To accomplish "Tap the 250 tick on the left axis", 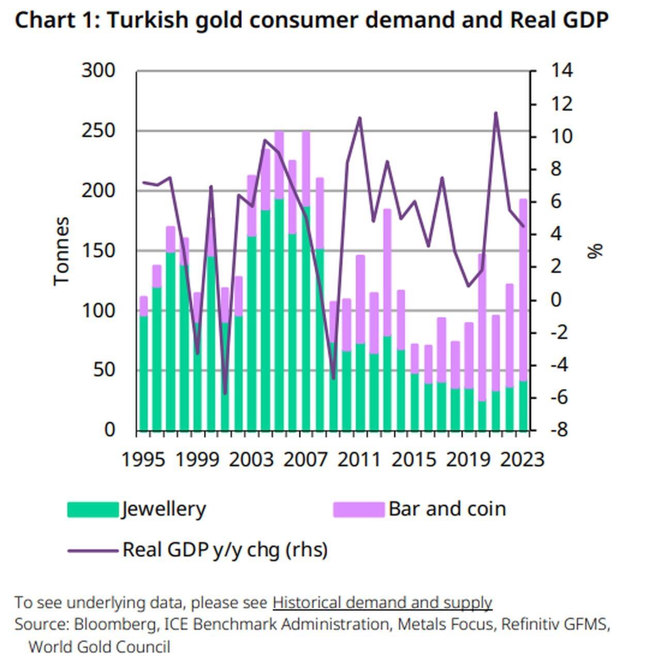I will tap(98, 131).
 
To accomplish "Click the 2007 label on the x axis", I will tap(305, 459).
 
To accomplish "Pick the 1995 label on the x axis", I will tap(143, 459).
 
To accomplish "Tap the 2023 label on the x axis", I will tap(522, 459).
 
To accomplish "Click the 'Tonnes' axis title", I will tap(61, 251).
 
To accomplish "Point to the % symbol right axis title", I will tap(595, 251).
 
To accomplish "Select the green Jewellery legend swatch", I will tap(93, 509).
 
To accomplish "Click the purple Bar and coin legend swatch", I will tap(359, 509).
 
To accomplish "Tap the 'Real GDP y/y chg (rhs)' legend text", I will tap(225, 550).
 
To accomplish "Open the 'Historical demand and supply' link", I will tap(382, 602).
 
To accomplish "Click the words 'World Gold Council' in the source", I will tap(99, 647).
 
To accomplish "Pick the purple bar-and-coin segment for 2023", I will tap(523, 289).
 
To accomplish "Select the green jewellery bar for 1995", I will tap(144, 372).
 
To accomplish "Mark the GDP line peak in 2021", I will tap(495, 113).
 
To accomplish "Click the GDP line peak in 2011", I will tap(360, 118).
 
